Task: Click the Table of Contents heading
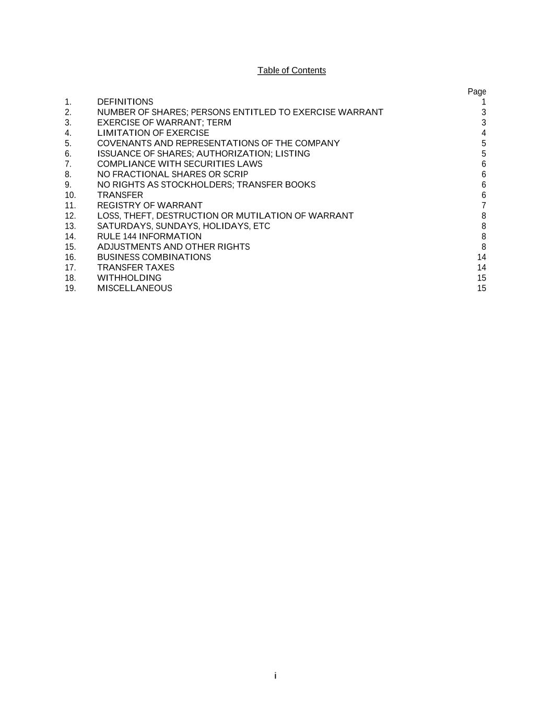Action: coord(291,71)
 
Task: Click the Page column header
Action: coord(476,92)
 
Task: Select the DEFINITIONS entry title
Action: coord(125,102)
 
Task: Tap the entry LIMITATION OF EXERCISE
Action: coord(153,133)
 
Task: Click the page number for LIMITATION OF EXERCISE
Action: coord(484,133)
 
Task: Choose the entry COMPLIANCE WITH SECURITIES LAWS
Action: coord(180,164)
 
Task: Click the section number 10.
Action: coord(70,195)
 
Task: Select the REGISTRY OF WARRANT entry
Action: coord(149,206)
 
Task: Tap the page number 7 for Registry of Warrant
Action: coord(484,206)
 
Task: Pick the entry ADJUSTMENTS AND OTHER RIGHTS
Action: coord(173,247)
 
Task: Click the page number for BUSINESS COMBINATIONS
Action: coord(482,258)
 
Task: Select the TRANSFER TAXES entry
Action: coord(136,267)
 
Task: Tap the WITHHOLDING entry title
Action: coord(129,278)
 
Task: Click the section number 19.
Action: coord(70,288)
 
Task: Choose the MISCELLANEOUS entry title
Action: coord(134,288)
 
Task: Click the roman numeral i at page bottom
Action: coord(275,676)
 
